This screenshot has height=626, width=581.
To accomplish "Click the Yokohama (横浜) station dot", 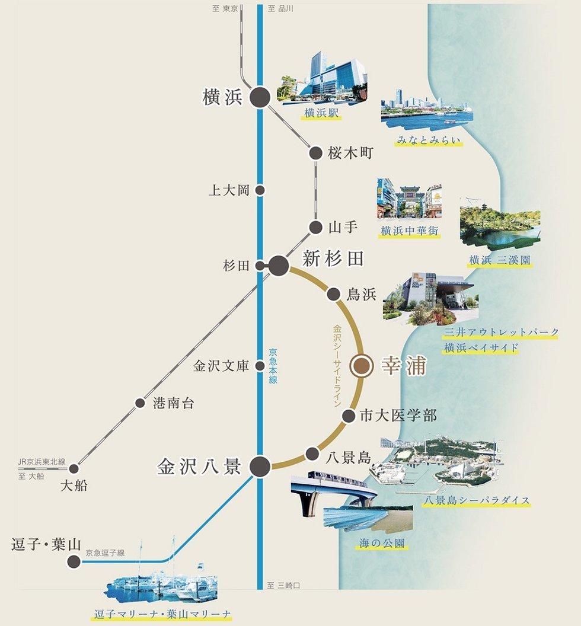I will [x=260, y=98].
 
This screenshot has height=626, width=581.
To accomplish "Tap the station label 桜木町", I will [x=350, y=153].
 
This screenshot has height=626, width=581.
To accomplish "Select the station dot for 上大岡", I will [x=260, y=191].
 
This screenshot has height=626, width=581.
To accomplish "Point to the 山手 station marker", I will [x=315, y=227].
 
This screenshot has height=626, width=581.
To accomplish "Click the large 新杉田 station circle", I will [x=278, y=266].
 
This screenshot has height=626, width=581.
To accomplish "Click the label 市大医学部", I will [x=398, y=416].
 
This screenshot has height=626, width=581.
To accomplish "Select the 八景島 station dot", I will [x=312, y=454].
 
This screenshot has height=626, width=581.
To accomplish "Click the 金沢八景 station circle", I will [x=260, y=467].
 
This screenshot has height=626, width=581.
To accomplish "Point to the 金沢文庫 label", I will [x=221, y=366].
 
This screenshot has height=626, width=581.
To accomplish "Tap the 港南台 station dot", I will [x=140, y=403].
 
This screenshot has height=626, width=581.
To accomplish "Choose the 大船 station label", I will [x=74, y=486].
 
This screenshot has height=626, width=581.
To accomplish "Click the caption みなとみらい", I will [x=429, y=140].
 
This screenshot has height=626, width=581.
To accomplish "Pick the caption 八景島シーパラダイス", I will [x=477, y=500].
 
